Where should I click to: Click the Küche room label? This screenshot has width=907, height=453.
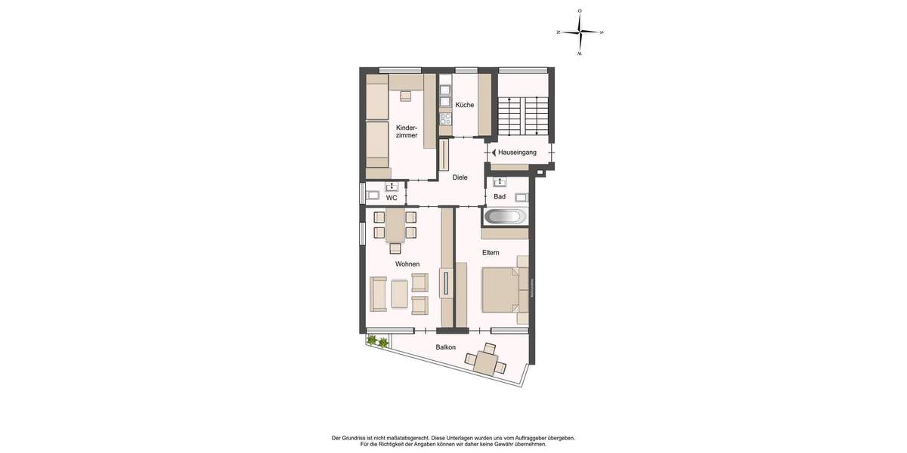pos(465,105)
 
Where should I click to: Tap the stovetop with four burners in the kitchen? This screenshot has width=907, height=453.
pos(445,119)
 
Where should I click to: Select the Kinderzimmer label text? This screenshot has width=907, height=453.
pos(407,131)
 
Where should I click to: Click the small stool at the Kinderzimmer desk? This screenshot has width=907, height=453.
pos(406,96)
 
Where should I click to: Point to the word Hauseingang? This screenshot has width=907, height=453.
pos(517,153)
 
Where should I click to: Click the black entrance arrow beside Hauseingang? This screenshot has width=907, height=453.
pos(494,153)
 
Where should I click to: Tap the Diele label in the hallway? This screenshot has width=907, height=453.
pos(460,177)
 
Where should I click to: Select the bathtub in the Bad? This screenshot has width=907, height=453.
pos(505,217)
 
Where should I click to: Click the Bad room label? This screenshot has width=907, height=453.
pos(499,197)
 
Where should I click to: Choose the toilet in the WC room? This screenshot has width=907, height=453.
pos(373,196)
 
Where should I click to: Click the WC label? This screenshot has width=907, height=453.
pos(392,198)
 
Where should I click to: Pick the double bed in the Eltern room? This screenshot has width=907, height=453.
pos(500,290)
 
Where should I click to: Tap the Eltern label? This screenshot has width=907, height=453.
pos(491,252)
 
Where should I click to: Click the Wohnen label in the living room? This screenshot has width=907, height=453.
pos(407,264)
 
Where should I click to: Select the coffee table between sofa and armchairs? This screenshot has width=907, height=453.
pos(398,291)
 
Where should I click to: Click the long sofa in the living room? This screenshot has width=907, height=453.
pos(379,294)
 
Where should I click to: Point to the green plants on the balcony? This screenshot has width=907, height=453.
pos(377,342)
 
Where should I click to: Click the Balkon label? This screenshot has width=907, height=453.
pos(445,347)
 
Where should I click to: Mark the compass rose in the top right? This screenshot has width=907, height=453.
pos(580,32)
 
